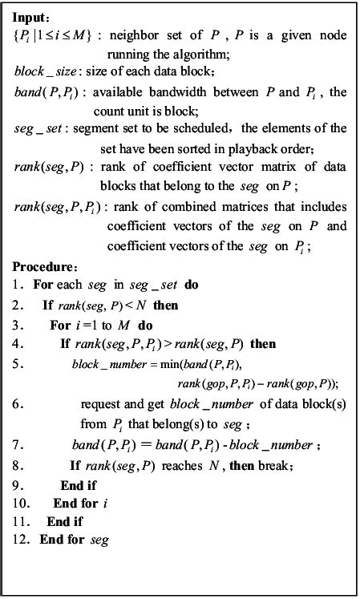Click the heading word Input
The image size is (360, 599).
[31, 16]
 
